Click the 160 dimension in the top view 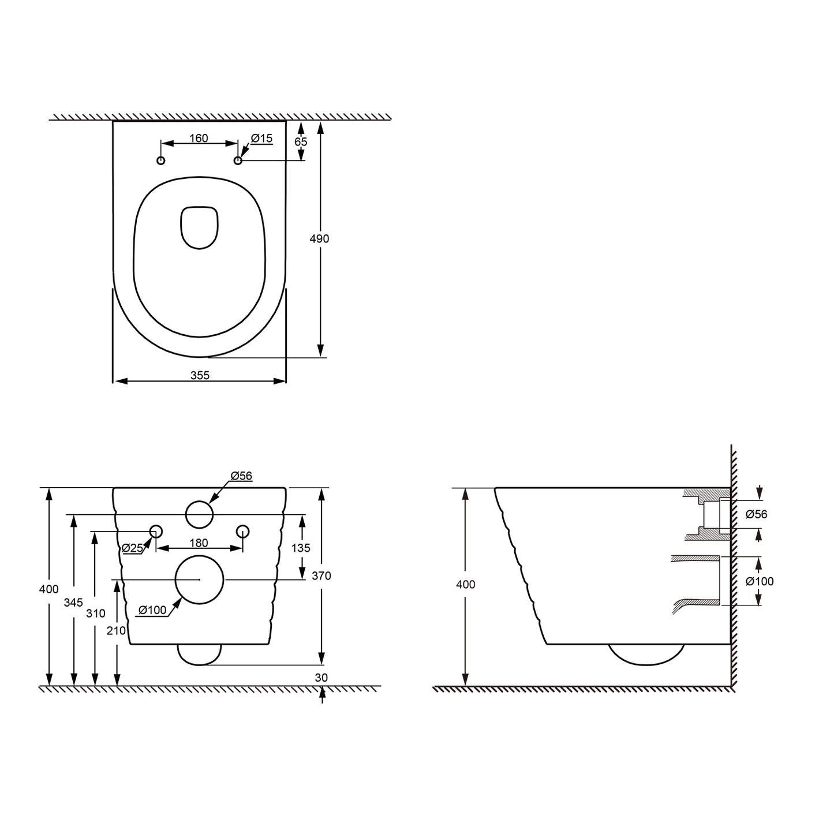coord(199,139)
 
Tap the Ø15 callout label coord(261,139)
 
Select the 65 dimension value coord(301,142)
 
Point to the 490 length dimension coord(319,239)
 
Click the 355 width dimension coord(200,376)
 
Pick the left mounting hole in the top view coord(161,160)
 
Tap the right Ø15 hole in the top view coord(238,160)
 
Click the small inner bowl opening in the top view coord(200,227)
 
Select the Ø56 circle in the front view coord(200,514)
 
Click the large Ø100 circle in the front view coord(199,579)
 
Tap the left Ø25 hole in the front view coord(156,531)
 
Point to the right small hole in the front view coord(243,531)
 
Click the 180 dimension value coord(199,544)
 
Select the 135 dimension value coord(301,548)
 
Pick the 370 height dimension coord(321,575)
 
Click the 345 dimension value coord(73,603)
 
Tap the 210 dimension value coord(116,631)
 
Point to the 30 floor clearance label coord(321,678)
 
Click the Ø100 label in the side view coord(760,581)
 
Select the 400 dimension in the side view coord(466,585)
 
